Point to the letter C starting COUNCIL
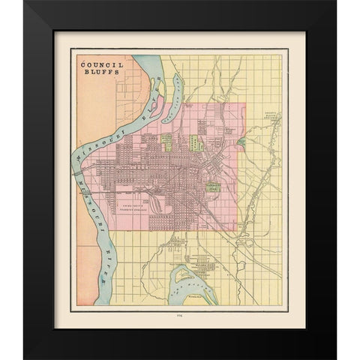pyautogui.click(x=82, y=65)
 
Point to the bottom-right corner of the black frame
pyautogui.click(x=334, y=357)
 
